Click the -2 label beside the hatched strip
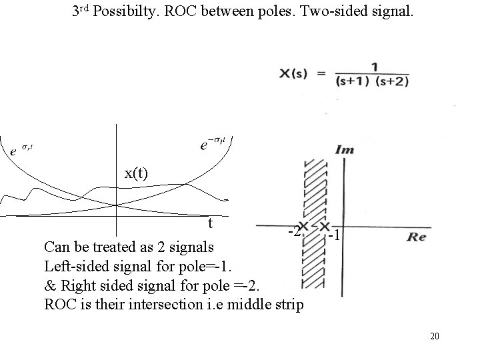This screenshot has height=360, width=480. click(292, 232)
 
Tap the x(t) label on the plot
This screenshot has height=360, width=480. click(137, 173)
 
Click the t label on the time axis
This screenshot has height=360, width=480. click(210, 222)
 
